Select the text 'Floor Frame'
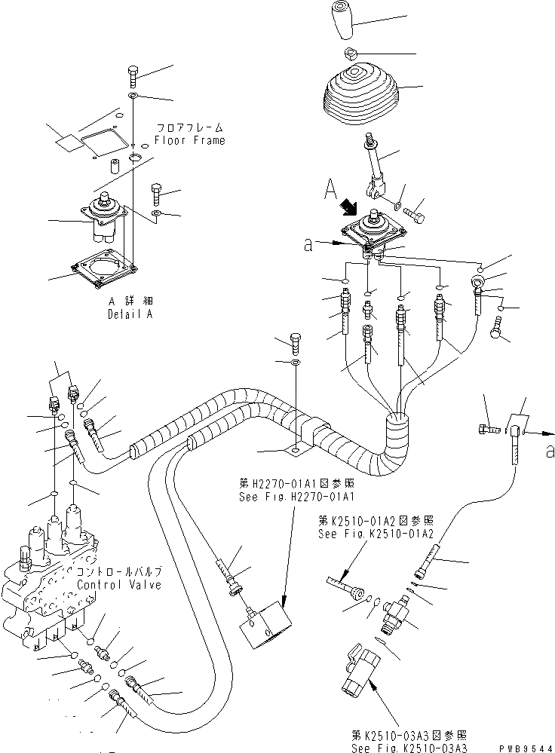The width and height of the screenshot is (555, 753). click(189, 140)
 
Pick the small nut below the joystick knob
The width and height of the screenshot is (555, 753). click(351, 54)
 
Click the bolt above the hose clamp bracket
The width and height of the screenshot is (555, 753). click(296, 342)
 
